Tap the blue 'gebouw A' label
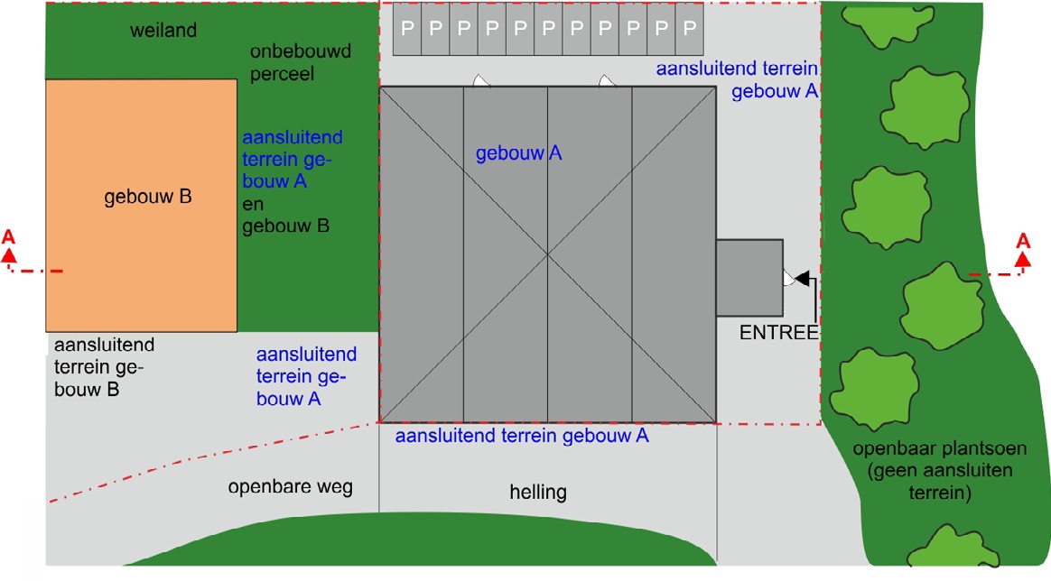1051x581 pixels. pos(519,154)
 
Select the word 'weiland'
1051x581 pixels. pos(163,32)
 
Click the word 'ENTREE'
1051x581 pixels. pos(778,333)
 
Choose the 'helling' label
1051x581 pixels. pos(538,493)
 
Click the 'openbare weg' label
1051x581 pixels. pos(290,487)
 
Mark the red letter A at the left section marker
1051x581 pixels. pos(9,236)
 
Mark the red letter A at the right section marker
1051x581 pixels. pos(1023,241)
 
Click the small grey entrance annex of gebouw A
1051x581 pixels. pos(749,277)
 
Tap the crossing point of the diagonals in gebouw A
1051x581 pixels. pos(547,254)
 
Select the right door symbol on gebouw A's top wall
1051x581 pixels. pos(607,81)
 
